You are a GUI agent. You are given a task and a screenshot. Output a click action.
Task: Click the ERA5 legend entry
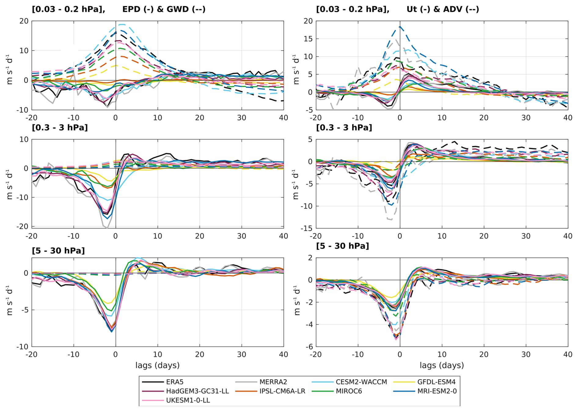coord(175,382)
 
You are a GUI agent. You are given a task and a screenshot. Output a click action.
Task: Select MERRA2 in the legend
coord(273,382)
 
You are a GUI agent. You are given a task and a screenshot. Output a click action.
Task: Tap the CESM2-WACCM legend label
coord(361,382)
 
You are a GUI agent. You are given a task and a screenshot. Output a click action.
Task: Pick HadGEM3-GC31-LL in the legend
coord(197,391)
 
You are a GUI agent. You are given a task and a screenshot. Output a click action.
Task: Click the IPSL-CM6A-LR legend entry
coord(282,391)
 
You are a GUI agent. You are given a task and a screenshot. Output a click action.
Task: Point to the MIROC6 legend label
coord(349,391)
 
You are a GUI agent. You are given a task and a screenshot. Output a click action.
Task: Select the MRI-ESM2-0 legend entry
coord(437,391)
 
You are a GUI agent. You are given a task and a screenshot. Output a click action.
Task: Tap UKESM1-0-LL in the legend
coord(188,400)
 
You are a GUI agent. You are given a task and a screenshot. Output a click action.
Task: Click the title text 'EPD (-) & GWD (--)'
coord(164,9)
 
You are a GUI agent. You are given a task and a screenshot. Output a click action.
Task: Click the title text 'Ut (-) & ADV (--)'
coord(443,9)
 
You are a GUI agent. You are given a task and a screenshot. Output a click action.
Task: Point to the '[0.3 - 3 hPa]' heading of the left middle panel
coord(60,127)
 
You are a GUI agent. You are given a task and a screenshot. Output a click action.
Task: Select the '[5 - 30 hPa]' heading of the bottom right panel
coord(342,246)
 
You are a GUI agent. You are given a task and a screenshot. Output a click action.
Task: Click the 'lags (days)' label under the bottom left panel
coord(157,365)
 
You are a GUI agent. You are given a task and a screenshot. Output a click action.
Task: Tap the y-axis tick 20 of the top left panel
coord(24,21)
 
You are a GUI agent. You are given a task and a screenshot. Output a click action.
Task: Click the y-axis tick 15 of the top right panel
coord(308,39)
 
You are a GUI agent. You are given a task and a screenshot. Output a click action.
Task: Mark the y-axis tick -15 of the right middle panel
coord(306,228)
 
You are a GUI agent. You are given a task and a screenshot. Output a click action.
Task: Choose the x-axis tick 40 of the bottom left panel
coord(284,355)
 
